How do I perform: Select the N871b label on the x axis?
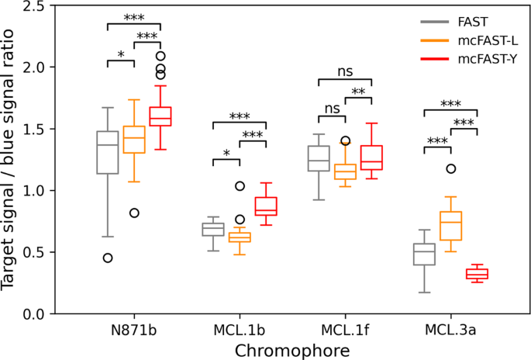[134, 330]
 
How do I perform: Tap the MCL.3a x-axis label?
[450, 330]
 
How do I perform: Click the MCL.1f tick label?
[345, 330]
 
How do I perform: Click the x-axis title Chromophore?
[291, 349]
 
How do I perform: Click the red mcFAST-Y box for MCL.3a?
[477, 273]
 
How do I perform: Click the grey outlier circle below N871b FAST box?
[108, 258]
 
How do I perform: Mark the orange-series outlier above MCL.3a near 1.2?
[450, 168]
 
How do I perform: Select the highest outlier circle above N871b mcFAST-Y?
[160, 56]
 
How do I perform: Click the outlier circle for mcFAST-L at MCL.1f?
[345, 140]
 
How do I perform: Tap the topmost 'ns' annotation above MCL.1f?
[345, 71]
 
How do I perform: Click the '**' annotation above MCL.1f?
[358, 92]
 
